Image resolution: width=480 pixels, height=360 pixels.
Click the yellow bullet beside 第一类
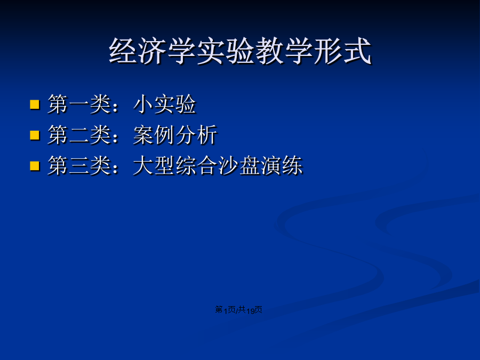pyautogui.click(x=35, y=105)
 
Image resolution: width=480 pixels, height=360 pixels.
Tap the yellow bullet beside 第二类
pyautogui.click(x=35, y=135)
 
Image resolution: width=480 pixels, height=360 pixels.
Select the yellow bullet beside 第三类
pyautogui.click(x=35, y=166)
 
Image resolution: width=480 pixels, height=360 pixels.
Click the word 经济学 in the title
pyautogui.click(x=153, y=51)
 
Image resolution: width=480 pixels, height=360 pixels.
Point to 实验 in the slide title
pyautogui.click(x=226, y=51)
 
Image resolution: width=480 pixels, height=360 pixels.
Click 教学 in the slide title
pyautogui.click(x=284, y=51)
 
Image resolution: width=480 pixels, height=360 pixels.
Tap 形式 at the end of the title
pyautogui.click(x=342, y=51)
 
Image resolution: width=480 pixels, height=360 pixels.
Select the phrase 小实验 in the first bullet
pyautogui.click(x=165, y=105)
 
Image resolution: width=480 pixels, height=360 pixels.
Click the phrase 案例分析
pyautogui.click(x=175, y=135)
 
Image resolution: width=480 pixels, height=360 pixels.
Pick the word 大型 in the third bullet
pyautogui.click(x=154, y=166)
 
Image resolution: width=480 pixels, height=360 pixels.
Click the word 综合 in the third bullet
pyautogui.click(x=197, y=166)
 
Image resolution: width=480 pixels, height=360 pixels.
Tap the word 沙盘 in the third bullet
pyautogui.click(x=239, y=166)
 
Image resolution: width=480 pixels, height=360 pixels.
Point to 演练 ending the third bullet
pyautogui.click(x=282, y=166)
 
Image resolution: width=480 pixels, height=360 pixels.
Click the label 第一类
pyautogui.click(x=79, y=105)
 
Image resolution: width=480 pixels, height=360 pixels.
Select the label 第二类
pyautogui.click(x=79, y=135)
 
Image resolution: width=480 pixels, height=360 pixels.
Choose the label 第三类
pyautogui.click(x=79, y=166)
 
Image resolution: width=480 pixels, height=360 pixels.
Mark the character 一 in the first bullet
pyautogui.click(x=79, y=105)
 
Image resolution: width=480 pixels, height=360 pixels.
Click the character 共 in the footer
pyautogui.click(x=242, y=310)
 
